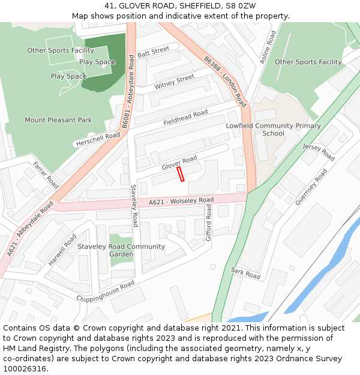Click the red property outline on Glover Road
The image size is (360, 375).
click(x=180, y=174)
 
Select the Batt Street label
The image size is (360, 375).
click(x=154, y=53)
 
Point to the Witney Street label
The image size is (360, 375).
click(x=175, y=82)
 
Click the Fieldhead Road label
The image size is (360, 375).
click(x=185, y=118)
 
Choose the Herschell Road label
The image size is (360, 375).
click(x=97, y=140)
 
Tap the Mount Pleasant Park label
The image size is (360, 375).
click(x=58, y=120)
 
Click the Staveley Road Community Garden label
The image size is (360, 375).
click(x=121, y=250)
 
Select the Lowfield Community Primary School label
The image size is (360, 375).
click(x=273, y=130)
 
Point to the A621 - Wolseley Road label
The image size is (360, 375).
click(x=181, y=201)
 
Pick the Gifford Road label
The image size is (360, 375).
click(x=209, y=223)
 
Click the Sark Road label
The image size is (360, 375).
click(x=245, y=273)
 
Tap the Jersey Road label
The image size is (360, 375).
click(x=319, y=152)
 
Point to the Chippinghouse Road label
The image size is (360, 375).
click(x=105, y=290)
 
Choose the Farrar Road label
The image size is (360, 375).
click(x=46, y=173)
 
